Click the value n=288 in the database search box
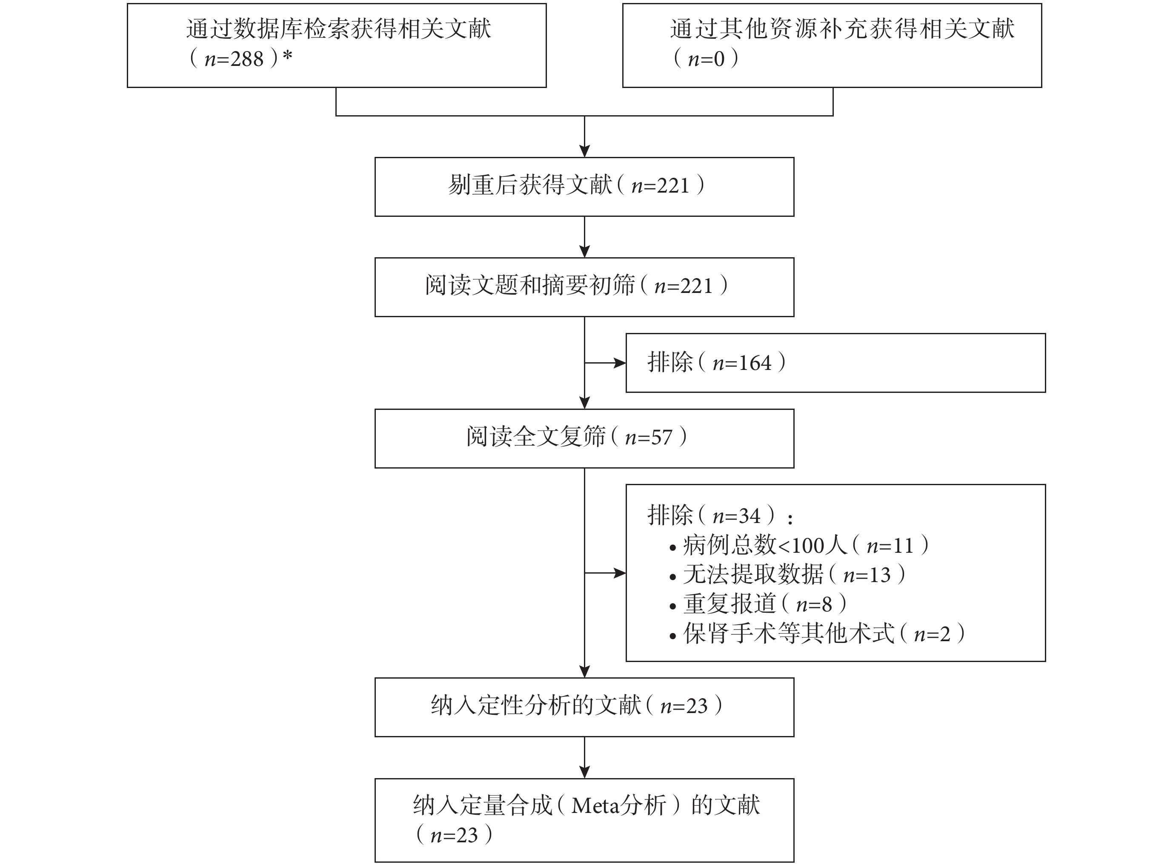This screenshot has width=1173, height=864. coord(234,59)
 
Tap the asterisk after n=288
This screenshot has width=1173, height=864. coord(287,55)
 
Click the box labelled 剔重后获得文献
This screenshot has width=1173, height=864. coord(584,187)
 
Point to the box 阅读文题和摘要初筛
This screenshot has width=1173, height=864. coord(584,287)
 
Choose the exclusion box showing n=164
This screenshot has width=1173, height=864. coord(835,363)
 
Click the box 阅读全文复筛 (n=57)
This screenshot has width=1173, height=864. coord(584,438)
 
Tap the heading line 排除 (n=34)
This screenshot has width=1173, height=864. coord(720,515)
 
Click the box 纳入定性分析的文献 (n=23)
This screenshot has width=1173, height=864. coord(584,708)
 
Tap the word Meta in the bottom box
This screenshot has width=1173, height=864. coord(595,806)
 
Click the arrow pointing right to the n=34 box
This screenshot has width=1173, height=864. coord(605,573)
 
